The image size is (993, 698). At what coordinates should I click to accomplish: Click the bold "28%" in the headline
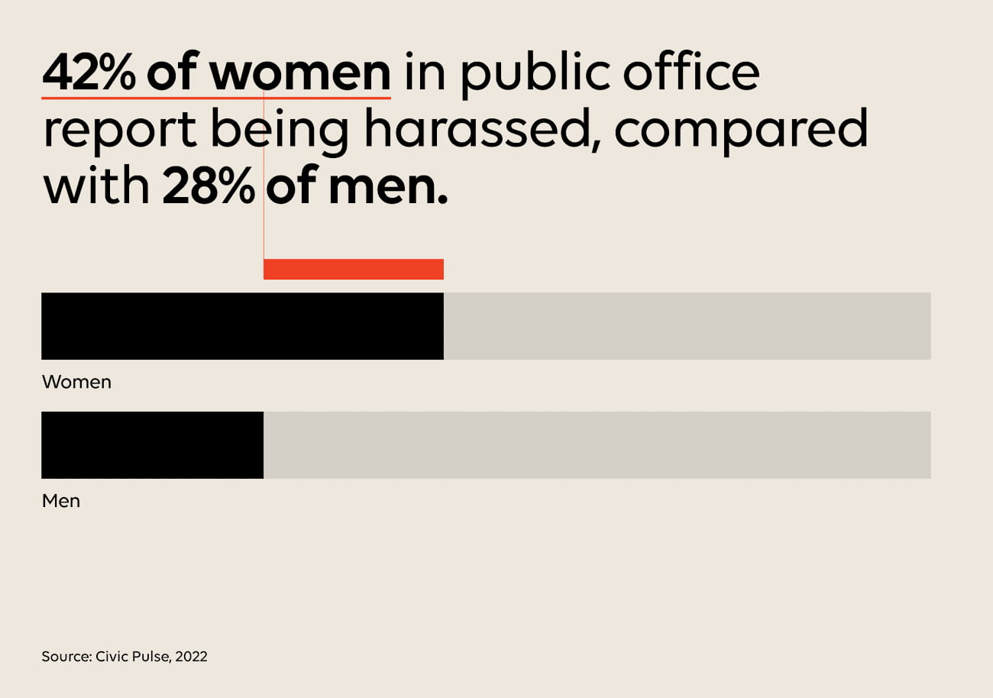click(x=208, y=188)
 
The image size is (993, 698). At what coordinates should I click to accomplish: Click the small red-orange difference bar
click(x=354, y=269)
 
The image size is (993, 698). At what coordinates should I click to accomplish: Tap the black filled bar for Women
click(x=242, y=326)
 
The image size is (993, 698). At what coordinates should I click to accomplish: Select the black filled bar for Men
click(x=152, y=445)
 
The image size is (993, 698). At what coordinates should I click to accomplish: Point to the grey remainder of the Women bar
click(x=687, y=326)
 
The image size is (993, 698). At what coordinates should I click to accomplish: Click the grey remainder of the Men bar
click(x=597, y=445)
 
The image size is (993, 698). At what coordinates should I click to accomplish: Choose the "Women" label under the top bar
click(x=76, y=382)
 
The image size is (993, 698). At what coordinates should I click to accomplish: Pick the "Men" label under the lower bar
click(x=60, y=502)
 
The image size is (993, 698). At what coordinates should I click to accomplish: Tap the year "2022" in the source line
click(x=191, y=656)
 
